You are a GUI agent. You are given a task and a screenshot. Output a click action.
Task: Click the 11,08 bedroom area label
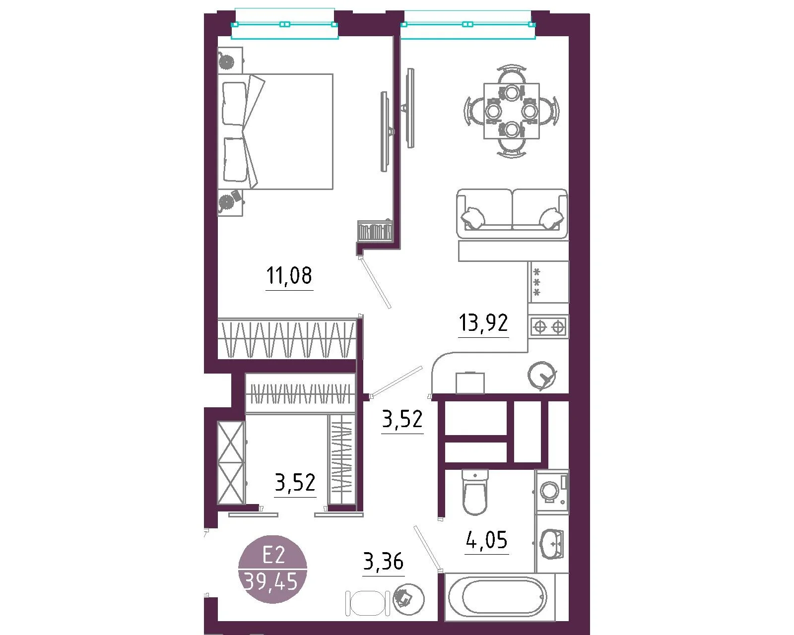coord(289,276)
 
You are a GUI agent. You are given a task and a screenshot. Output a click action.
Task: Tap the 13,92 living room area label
coord(483,322)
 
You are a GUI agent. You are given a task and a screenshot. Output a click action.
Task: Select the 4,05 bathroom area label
coord(487,540)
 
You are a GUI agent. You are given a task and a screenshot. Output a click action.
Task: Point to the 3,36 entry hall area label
coord(383,562)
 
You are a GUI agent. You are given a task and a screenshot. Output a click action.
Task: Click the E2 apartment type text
coord(273,555)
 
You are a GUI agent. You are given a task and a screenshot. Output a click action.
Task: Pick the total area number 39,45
coord(271,582)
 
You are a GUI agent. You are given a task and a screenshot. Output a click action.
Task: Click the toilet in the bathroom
coord(475,492)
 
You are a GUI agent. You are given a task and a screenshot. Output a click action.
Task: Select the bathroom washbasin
coord(551,544)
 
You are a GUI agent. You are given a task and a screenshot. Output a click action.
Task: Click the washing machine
coord(552,491)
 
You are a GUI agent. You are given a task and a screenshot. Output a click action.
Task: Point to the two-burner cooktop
coord(549,326)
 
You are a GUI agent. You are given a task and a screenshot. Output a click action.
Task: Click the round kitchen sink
coord(541,376)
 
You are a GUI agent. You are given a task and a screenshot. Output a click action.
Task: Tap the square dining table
coord(511,111)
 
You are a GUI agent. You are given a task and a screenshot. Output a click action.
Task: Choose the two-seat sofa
coord(512,214)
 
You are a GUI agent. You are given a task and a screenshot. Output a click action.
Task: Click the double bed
coord(275,132)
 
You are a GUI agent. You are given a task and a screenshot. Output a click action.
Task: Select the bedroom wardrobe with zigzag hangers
coord(287,339)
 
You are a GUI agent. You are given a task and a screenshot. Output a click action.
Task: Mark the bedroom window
coord(284,24)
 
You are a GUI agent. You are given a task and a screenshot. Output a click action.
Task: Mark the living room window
coord(468,24)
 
